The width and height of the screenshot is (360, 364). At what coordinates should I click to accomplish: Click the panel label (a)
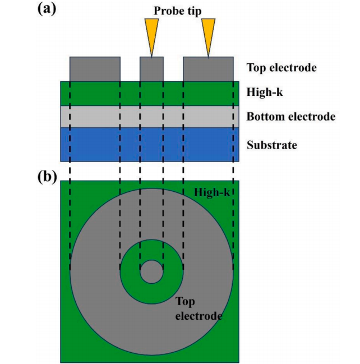point(47,10)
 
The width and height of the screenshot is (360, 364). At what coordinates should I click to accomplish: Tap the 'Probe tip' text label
point(178,11)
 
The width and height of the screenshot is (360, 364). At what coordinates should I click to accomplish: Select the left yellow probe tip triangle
point(151,35)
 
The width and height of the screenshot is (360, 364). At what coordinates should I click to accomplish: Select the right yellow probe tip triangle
point(208,35)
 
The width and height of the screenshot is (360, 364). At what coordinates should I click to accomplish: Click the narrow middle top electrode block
point(151,69)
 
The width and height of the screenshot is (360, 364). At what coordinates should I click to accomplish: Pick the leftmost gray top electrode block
point(95,69)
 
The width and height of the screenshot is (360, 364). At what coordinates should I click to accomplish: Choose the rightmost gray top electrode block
point(208,69)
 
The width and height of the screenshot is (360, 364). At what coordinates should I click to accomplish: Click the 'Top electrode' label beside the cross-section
point(281,67)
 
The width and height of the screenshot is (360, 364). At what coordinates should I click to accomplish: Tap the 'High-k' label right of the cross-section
point(265,92)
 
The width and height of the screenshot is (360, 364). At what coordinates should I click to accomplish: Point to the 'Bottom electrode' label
point(291,116)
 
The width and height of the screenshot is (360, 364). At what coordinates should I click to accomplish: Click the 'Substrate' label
point(272,145)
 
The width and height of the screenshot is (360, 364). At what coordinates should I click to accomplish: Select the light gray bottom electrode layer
point(150,117)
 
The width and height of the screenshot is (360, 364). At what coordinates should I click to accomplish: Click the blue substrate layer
point(150,144)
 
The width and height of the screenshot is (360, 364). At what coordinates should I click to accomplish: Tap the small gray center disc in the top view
point(151,271)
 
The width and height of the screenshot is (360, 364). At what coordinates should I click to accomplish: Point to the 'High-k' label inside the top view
point(212,192)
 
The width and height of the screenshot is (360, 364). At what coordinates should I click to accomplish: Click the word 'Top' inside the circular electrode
point(185,302)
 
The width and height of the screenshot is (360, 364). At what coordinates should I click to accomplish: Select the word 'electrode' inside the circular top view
point(199,316)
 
